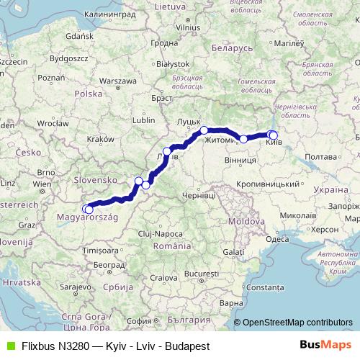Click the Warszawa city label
[113, 81]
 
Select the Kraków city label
[100, 139]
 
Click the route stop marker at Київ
[273, 135]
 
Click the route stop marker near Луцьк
[204, 130]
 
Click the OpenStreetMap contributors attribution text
[297, 323]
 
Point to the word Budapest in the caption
[186, 346]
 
